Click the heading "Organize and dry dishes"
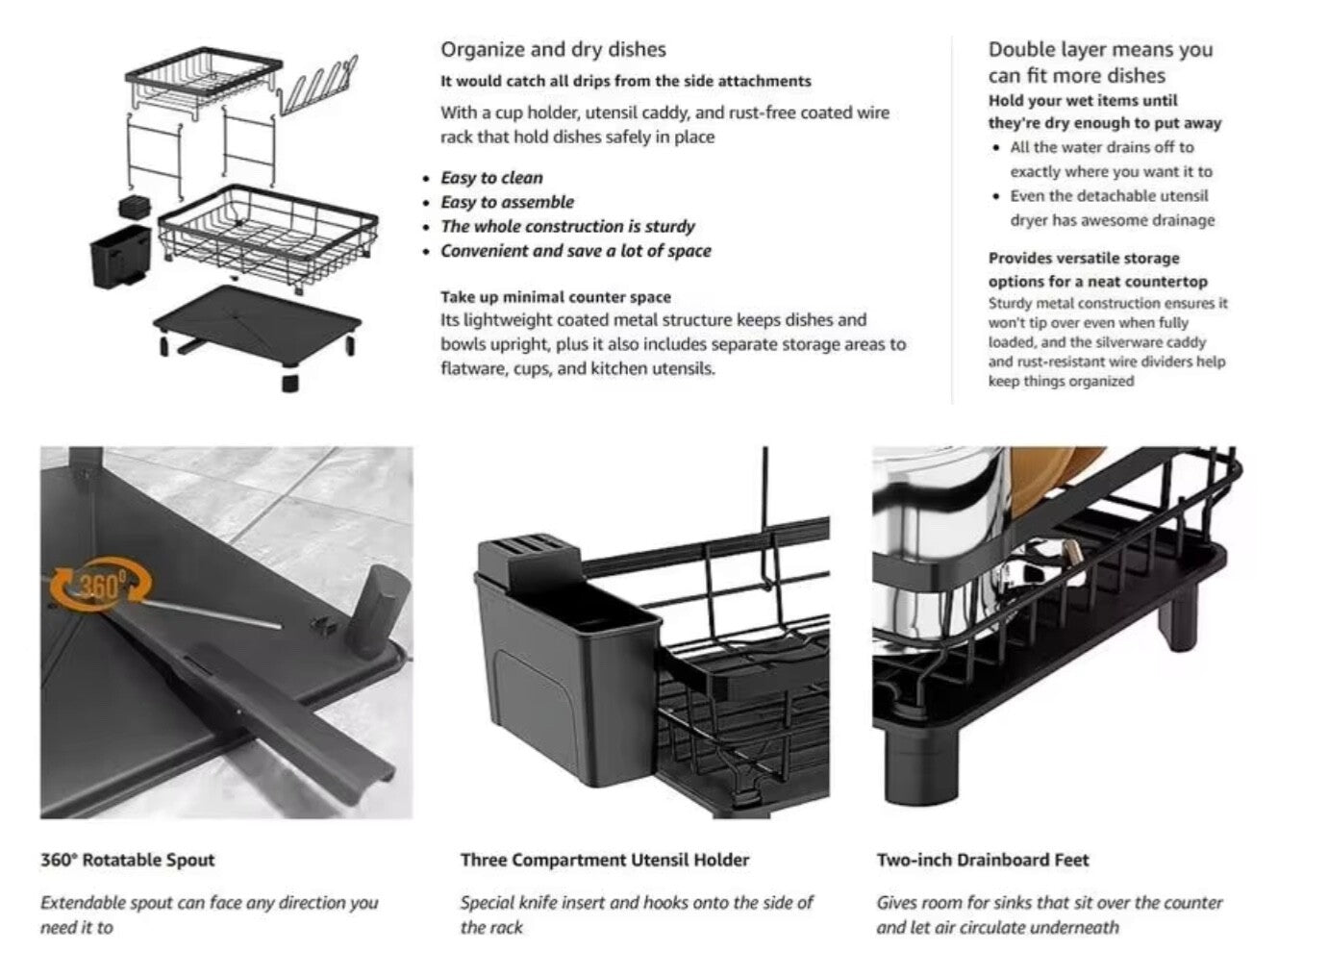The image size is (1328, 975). [x=553, y=50]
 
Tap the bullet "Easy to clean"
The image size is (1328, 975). [x=491, y=178]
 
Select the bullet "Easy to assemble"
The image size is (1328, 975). [x=507, y=202]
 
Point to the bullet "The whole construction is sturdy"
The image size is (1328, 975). [x=567, y=227]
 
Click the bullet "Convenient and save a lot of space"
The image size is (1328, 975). [x=575, y=251]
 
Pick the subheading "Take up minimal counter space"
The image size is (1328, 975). [x=556, y=297]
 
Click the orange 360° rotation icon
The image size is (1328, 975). [x=101, y=584]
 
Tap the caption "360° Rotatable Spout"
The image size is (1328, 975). [x=128, y=860]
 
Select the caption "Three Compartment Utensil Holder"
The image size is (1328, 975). [x=604, y=860]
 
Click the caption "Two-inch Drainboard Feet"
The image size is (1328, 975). [x=983, y=860]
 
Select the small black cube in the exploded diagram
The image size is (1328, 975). [x=132, y=207]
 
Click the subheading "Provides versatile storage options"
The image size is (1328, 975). [x=1084, y=269]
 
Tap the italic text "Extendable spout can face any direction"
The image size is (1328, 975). [x=209, y=903]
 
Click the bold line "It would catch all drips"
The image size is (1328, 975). [x=625, y=82]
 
